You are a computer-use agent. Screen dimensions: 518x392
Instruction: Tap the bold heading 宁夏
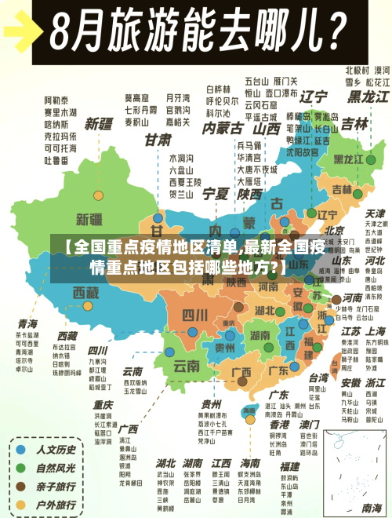[216, 192]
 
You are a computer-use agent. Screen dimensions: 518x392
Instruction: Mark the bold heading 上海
[376, 331]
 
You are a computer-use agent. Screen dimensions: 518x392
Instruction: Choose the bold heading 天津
[375, 213]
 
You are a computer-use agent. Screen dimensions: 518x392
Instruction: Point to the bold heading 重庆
[103, 405]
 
